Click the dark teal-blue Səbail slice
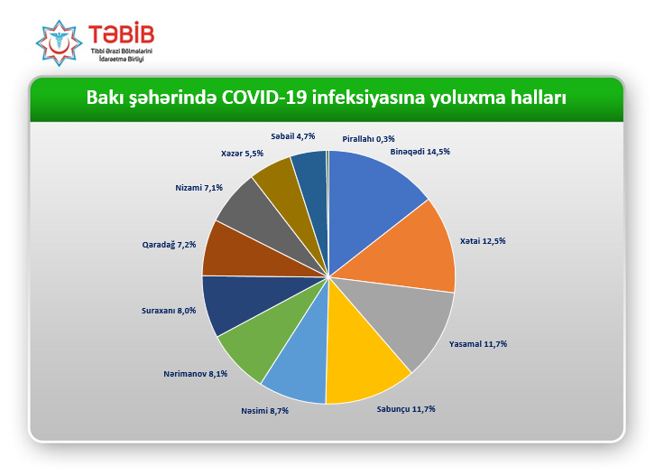pyautogui.click(x=314, y=188)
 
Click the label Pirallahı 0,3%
pyautogui.click(x=368, y=139)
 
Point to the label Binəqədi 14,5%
pyautogui.click(x=420, y=152)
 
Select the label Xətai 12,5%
pyautogui.click(x=483, y=241)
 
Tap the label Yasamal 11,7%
pyautogui.click(x=478, y=344)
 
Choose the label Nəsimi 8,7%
pyautogui.click(x=265, y=411)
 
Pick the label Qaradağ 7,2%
pyautogui.click(x=169, y=245)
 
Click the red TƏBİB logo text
pyautogui.click(x=122, y=34)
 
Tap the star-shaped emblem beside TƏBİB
pyautogui.click(x=59, y=43)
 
